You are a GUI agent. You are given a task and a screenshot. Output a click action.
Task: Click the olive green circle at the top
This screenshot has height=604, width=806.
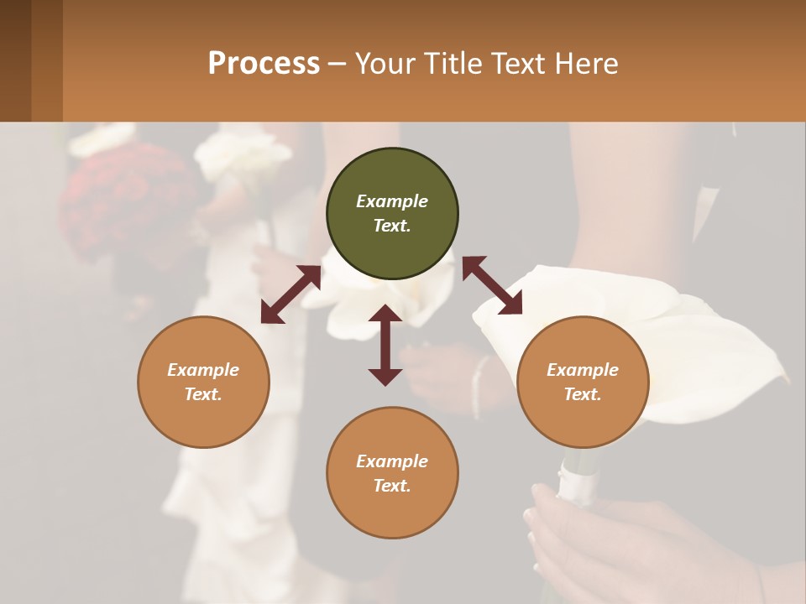pos(392,214)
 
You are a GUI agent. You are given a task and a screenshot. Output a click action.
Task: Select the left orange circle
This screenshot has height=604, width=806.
pos(203,382)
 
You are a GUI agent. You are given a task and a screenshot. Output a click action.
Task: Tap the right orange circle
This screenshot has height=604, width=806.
pos(583,382)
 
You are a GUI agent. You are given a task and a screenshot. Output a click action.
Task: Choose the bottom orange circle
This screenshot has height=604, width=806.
pos(392,473)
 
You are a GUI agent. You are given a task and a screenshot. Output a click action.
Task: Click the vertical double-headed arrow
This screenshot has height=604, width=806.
pos(385,345)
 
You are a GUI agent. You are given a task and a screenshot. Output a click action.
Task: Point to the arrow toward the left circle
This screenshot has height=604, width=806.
pos(290,294)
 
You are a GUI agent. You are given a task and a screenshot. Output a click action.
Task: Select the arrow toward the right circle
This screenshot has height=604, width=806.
pos(492,285)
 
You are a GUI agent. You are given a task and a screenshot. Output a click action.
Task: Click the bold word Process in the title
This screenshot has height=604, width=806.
pos(264,63)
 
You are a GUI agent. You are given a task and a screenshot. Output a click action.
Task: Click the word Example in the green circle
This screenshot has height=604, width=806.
pos(392,201)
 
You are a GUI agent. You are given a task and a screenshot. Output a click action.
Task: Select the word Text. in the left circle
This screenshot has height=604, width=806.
pos(203,394)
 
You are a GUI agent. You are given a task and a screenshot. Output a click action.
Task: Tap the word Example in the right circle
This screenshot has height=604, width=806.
pos(583,370)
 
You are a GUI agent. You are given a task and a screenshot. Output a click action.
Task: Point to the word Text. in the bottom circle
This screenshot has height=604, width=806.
pos(392,486)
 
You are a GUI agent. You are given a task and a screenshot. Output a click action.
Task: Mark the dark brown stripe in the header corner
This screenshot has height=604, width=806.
pos(15,60)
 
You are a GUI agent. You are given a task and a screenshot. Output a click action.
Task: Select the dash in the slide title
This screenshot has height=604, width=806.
pos(338,65)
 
